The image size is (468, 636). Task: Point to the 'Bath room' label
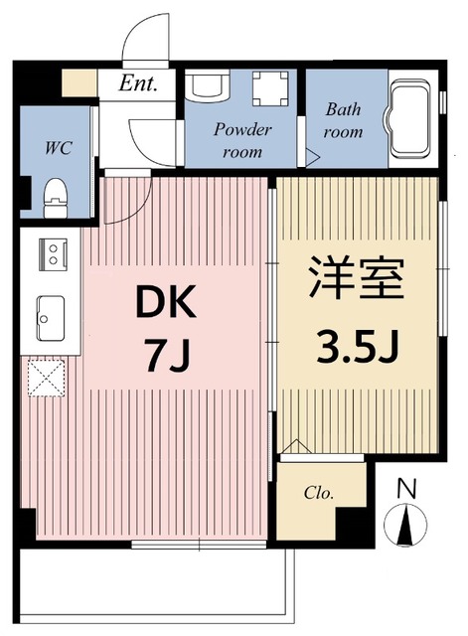tap(344, 122)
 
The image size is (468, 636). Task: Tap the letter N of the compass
tap(404, 489)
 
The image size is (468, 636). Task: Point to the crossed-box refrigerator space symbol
tap(46, 379)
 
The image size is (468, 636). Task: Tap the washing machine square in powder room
tap(267, 88)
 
